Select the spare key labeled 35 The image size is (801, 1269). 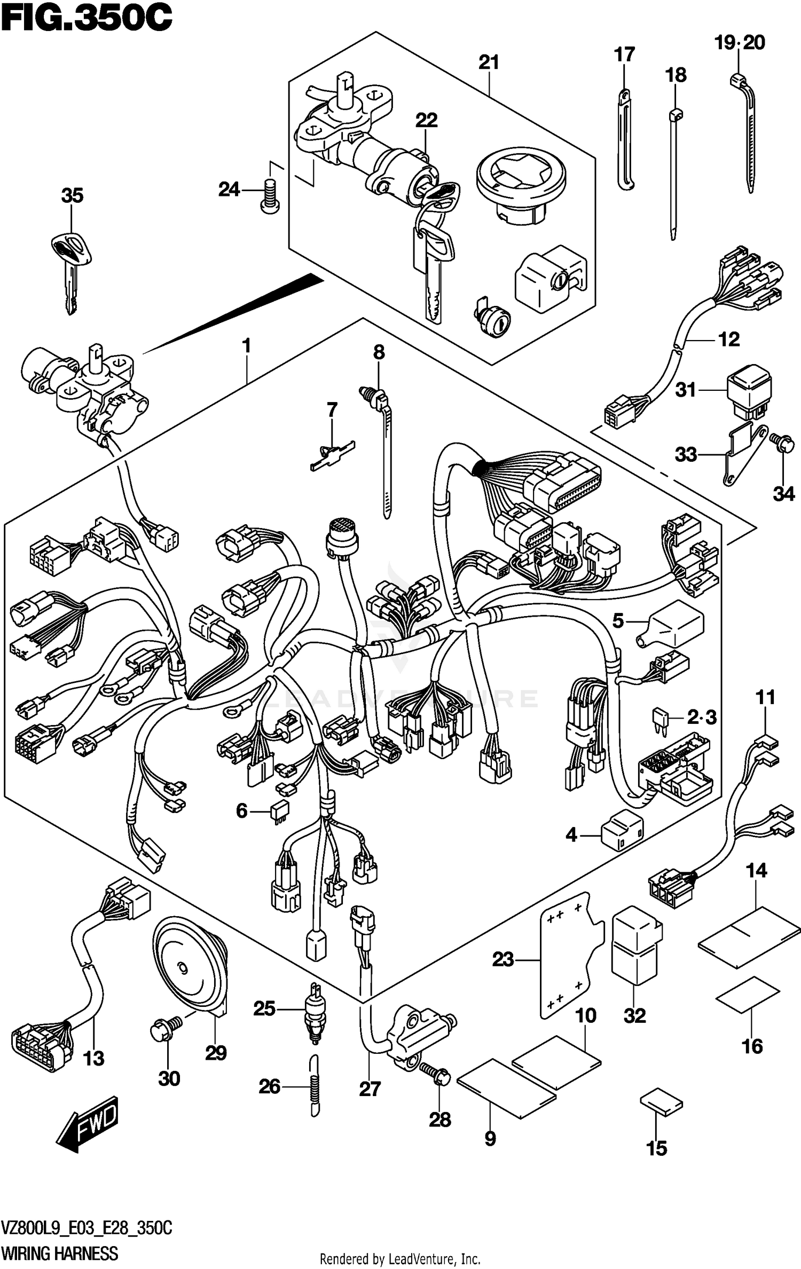[70, 267]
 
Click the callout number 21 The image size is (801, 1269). [488, 63]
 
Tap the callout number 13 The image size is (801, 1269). [93, 1058]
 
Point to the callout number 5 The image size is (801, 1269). [618, 620]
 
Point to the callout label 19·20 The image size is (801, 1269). [740, 43]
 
